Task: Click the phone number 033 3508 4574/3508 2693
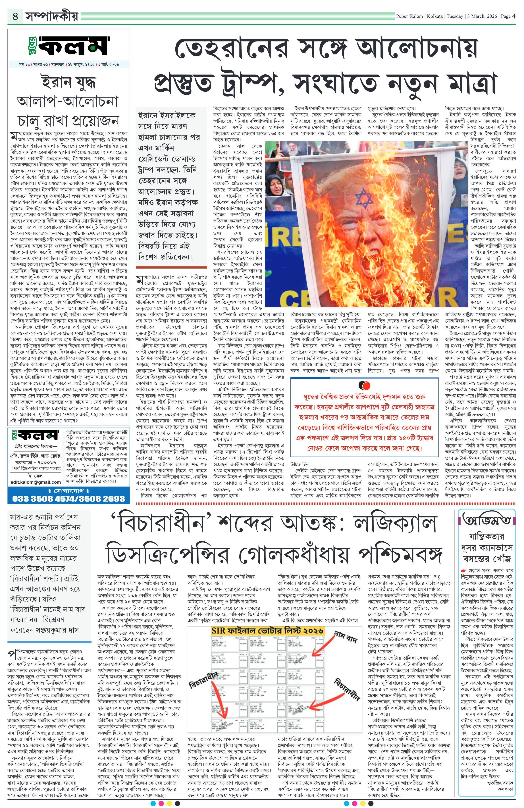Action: (69, 498)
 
